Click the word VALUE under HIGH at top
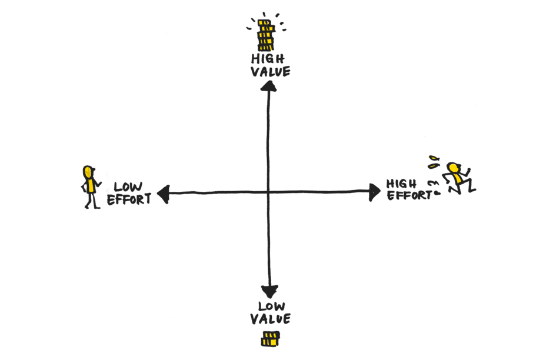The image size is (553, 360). coord(270,72)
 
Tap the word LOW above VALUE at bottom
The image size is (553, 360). coord(271,306)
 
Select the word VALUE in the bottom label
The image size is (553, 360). coord(271,319)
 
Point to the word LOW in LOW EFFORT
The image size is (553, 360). coord(128,187)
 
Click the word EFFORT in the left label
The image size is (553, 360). coord(129,199)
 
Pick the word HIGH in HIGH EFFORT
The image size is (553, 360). coord(401,184)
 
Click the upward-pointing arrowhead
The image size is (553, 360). coord(269,86)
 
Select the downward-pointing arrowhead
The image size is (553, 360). coord(269,291)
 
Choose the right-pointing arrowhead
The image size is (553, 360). coord(374,191)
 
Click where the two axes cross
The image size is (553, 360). coord(269,192)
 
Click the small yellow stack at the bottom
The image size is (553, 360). coord(271,338)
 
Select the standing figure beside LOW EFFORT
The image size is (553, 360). coord(90,187)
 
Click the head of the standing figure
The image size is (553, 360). coord(88,172)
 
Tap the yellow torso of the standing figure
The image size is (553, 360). coord(91,186)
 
